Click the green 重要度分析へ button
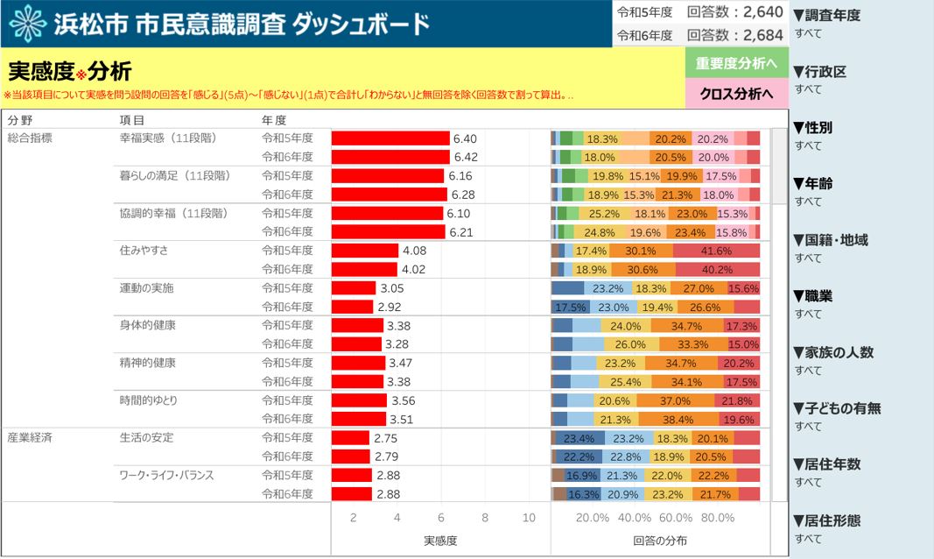[735, 63]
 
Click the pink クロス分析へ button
[735, 94]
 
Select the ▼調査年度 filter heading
[825, 15]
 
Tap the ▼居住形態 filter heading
[825, 520]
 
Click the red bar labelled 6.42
[390, 157]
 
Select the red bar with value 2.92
[352, 307]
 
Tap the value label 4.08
[414, 251]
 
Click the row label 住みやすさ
[144, 251]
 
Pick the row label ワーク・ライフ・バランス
[166, 476]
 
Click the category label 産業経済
[30, 438]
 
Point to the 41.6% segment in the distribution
[716, 251]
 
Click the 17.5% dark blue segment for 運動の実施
[570, 307]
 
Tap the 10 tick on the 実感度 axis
[529, 518]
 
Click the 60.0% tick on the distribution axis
[675, 518]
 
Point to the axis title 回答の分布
[660, 541]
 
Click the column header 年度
[274, 120]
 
